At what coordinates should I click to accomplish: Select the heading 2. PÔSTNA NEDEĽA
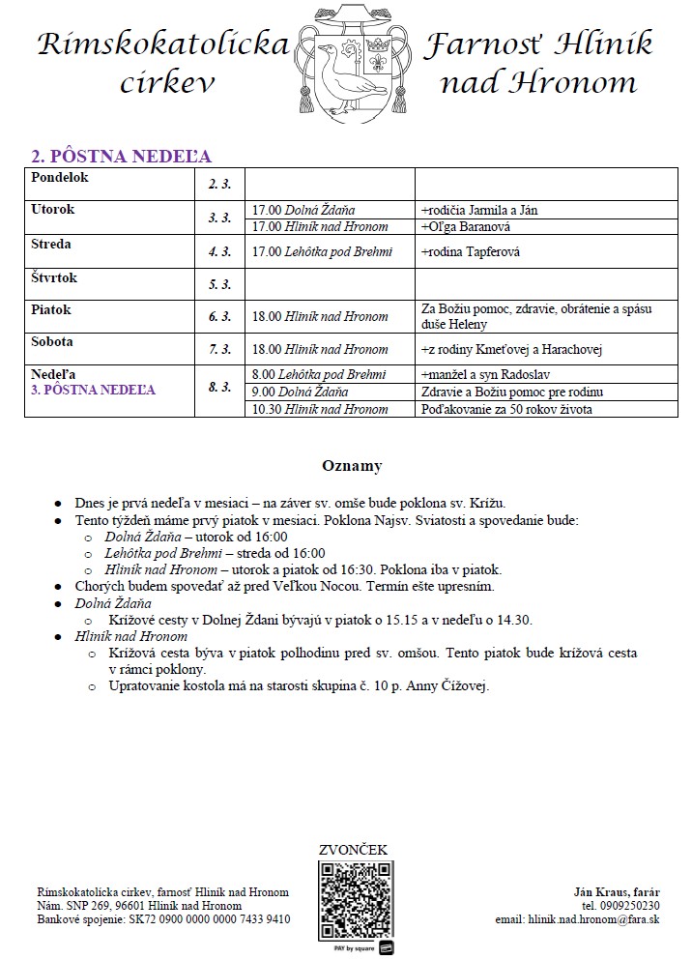(x=122, y=156)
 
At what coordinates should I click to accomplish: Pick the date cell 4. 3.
(x=219, y=252)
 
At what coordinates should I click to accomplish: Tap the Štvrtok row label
(x=54, y=278)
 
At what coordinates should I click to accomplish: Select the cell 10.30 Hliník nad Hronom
(x=320, y=409)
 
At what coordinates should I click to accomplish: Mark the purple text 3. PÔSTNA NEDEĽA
(x=93, y=391)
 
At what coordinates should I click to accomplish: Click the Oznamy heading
(x=352, y=466)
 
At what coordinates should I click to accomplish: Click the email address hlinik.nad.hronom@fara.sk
(x=592, y=919)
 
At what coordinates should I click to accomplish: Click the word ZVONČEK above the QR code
(x=353, y=850)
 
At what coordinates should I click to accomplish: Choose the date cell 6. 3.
(x=219, y=316)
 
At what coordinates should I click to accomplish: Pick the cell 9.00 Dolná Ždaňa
(x=300, y=392)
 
